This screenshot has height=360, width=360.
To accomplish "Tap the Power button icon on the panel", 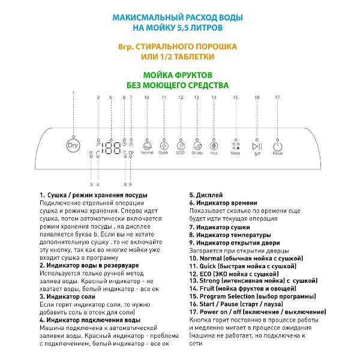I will (277, 146).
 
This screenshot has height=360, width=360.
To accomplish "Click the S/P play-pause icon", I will (257, 146).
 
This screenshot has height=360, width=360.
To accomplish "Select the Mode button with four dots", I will (236, 146).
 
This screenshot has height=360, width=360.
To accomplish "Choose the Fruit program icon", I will (214, 145).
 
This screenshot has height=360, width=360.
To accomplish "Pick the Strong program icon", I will (197, 145).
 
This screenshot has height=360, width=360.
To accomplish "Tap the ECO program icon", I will (181, 145).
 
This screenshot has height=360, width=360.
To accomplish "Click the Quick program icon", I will (164, 145).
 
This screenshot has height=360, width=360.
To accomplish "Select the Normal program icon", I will (146, 145).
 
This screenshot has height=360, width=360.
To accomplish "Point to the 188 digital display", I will (111, 148).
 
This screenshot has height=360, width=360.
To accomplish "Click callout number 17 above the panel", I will (277, 97).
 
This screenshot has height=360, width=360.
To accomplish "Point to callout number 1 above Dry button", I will (73, 92).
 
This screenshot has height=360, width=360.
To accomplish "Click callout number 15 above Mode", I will (235, 97).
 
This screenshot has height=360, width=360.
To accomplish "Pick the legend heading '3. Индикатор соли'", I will (68, 296).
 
